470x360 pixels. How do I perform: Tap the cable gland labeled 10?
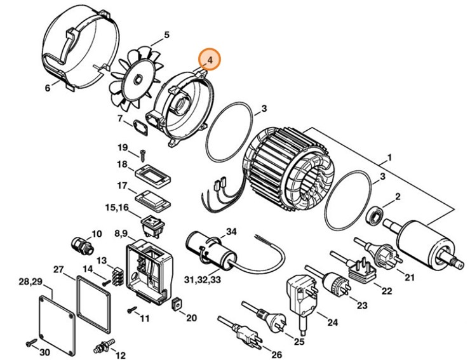tap(80, 244)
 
